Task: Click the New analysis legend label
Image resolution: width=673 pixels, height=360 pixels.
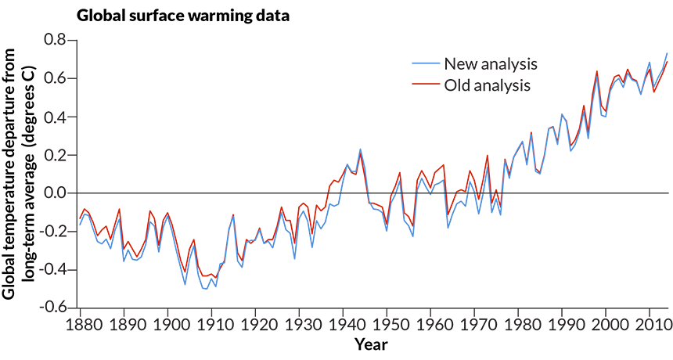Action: (491, 64)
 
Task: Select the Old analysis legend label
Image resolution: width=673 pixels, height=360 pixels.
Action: (488, 85)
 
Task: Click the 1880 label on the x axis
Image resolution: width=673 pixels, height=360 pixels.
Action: (81, 326)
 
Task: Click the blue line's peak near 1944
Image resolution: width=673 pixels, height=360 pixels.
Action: (361, 149)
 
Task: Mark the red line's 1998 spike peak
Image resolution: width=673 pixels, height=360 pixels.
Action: (597, 71)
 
